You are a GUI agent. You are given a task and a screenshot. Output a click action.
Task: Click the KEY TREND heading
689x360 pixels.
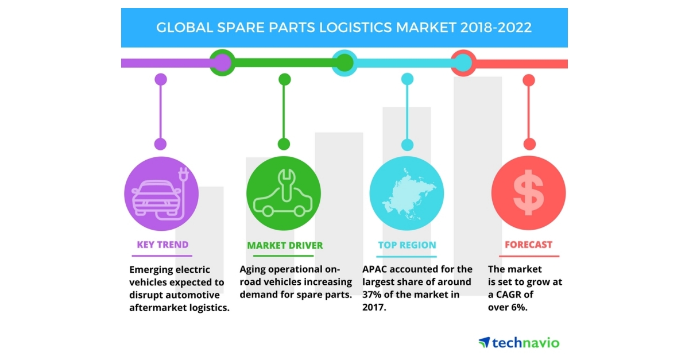point(162,245)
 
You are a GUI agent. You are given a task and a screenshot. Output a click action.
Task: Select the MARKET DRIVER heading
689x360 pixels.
point(285,246)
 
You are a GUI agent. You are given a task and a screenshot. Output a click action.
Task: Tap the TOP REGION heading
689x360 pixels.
point(407,246)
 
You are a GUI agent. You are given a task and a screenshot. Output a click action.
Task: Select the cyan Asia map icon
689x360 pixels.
point(407,193)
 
